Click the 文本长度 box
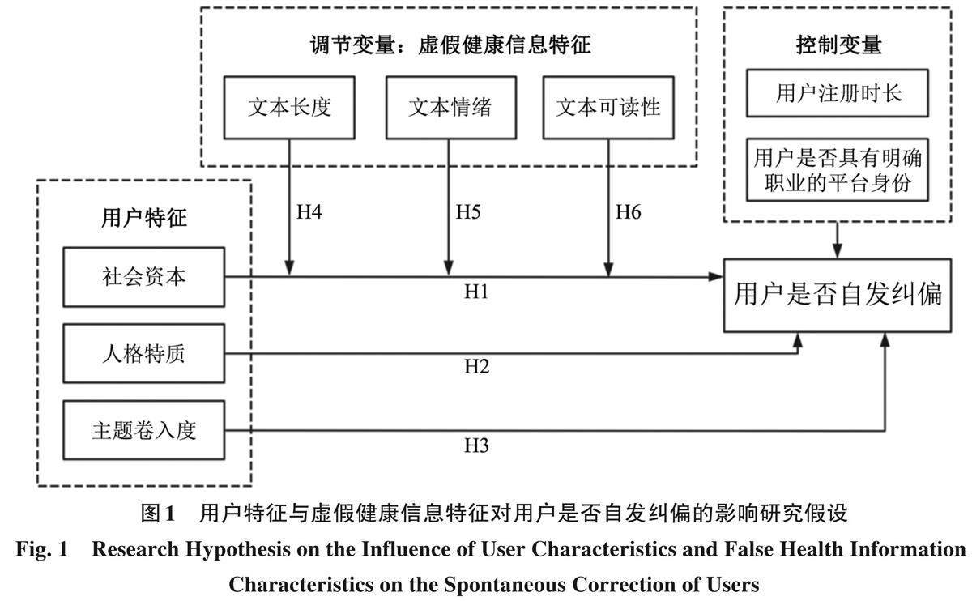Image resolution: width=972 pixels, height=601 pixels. (289, 108)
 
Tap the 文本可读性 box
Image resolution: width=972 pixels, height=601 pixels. (608, 108)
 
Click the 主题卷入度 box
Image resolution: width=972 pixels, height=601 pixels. (143, 430)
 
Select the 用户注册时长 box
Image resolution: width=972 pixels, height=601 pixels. (838, 94)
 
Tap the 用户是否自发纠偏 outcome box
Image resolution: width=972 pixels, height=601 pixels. (838, 294)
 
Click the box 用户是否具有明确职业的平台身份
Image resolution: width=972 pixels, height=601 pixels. (838, 169)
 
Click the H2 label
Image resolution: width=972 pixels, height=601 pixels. (476, 367)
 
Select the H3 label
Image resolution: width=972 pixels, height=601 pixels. (476, 445)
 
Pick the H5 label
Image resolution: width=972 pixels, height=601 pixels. (468, 213)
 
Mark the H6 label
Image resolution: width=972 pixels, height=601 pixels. (629, 213)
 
